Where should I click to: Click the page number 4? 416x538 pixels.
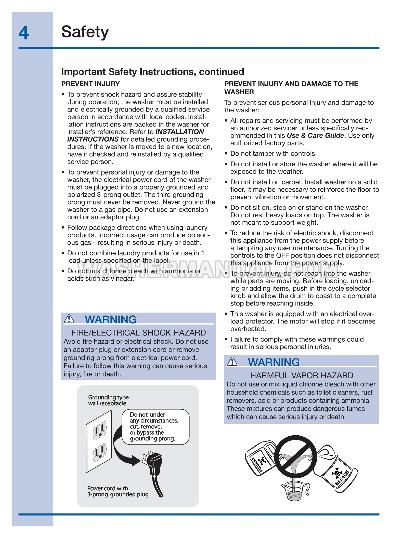pyautogui.click(x=24, y=33)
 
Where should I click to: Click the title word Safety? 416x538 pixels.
pyautogui.click(x=85, y=32)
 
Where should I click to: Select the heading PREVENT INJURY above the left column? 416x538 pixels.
pyautogui.click(x=90, y=84)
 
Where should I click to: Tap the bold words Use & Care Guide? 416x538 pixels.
pyautogui.click(x=315, y=136)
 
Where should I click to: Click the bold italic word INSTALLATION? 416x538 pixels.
pyautogui.click(x=179, y=132)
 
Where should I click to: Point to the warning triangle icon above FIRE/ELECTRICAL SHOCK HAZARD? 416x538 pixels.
pyautogui.click(x=69, y=319)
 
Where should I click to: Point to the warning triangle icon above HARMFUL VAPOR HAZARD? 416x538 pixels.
pyautogui.click(x=232, y=361)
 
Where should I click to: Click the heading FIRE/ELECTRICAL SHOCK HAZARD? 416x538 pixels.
pyautogui.click(x=138, y=333)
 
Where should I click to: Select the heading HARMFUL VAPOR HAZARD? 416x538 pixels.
pyautogui.click(x=302, y=375)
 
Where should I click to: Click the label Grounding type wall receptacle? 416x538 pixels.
pyautogui.click(x=108, y=400)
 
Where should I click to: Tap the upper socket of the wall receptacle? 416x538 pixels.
pyautogui.click(x=99, y=430)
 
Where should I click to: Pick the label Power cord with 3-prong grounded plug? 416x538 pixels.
pyautogui.click(x=118, y=491)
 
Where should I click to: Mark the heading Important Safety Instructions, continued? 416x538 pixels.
pyautogui.click(x=152, y=72)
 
